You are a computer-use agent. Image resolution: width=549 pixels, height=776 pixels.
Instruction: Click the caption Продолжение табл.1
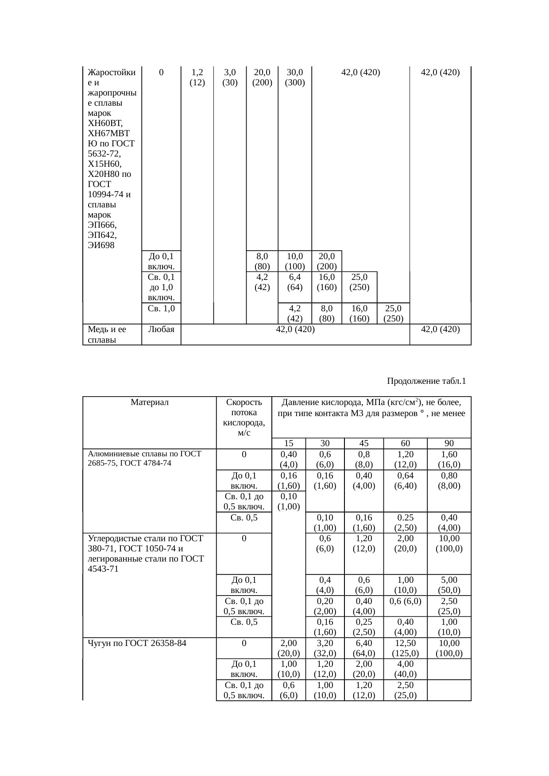426,381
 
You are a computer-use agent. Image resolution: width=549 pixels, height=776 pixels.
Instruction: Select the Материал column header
150,402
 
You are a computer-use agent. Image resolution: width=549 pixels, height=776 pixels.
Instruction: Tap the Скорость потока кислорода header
244,417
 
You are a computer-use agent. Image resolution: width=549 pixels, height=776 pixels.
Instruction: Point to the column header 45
363,443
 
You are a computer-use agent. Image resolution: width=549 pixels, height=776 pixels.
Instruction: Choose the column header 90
449,443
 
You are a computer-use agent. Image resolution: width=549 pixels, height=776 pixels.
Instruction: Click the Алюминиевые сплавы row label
145,458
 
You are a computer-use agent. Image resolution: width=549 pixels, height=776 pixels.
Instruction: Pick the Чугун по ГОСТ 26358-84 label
137,643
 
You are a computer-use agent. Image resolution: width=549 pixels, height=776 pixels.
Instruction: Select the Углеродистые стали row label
146,553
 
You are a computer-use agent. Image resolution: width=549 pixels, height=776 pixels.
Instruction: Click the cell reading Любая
161,329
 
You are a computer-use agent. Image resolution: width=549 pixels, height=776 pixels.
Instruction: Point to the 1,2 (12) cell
197,77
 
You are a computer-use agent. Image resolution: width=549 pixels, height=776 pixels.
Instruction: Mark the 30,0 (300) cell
295,77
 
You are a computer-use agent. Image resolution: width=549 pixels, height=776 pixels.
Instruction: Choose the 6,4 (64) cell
295,282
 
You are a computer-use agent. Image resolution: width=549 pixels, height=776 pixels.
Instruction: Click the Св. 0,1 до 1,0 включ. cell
161,287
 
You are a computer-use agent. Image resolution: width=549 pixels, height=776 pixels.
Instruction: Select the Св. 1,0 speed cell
161,308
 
